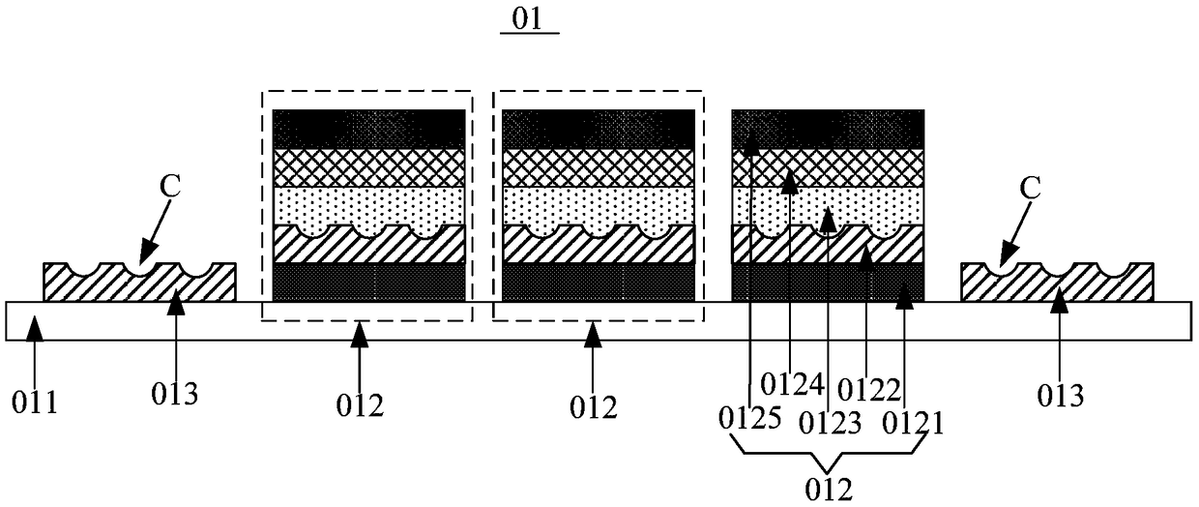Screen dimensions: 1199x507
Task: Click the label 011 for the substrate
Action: [37, 400]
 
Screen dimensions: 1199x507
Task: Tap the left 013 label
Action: [176, 395]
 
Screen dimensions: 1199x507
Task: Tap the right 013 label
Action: [1060, 395]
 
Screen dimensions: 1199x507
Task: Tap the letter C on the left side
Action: [170, 188]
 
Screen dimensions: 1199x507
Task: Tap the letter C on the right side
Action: [1031, 188]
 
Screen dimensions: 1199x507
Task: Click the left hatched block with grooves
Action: [139, 285]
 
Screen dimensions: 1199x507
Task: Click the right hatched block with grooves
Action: [1056, 285]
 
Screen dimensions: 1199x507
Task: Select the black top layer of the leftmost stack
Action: [368, 129]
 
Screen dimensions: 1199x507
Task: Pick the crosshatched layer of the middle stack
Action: [599, 167]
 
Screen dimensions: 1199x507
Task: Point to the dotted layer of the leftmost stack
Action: [368, 204]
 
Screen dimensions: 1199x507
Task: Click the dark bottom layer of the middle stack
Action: [599, 282]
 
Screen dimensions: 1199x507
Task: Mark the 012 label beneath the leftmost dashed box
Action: [360, 405]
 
